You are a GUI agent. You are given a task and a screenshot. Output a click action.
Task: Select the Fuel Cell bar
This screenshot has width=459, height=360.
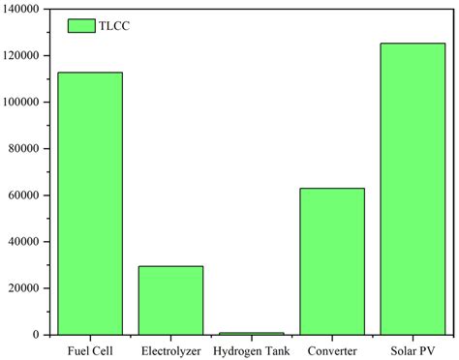click(90, 203)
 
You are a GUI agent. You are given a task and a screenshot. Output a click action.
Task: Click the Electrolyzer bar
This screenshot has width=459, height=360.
click(170, 300)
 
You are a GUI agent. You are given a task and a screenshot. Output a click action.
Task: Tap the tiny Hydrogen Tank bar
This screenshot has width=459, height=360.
click(251, 333)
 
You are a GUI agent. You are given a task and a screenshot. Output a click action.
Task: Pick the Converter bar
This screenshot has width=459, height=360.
click(331, 261)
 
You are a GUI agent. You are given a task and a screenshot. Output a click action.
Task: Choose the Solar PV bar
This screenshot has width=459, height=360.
click(413, 189)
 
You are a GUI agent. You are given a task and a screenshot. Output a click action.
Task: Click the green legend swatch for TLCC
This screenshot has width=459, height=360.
click(80, 26)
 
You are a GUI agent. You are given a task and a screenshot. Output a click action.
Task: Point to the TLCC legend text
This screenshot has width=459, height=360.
click(113, 26)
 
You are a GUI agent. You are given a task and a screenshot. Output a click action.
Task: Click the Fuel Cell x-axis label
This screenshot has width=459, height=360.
click(90, 349)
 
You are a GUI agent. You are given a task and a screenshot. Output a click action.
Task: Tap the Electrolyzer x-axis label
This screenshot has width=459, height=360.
click(170, 349)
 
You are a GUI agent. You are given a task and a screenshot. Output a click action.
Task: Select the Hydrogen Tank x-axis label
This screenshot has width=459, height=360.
click(251, 349)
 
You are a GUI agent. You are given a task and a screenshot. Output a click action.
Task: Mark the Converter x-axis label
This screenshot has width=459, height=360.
click(331, 349)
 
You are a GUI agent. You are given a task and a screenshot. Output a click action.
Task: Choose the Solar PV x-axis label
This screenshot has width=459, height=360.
click(413, 349)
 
